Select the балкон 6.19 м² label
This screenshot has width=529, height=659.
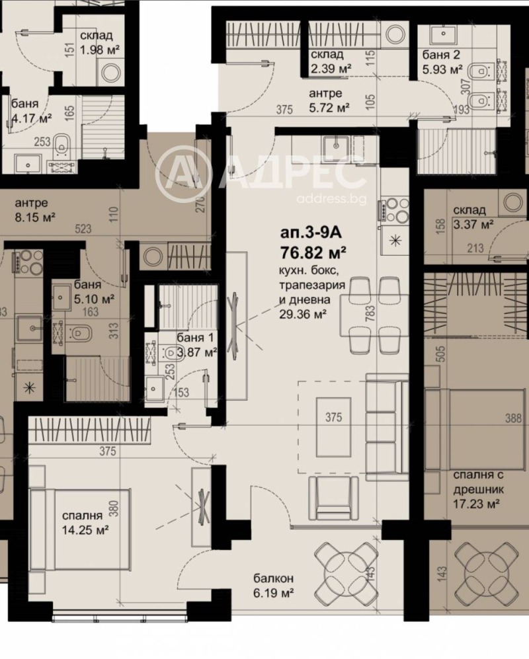point(273,586)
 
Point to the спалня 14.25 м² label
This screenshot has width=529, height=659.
point(85,523)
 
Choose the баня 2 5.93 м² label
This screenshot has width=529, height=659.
point(442,61)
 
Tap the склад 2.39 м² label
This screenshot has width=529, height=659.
point(331,61)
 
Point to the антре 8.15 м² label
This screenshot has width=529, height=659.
point(35,210)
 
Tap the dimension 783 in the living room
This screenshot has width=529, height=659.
point(370,314)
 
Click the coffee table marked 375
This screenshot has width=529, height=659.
point(333,426)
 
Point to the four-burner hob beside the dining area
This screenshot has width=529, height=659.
point(394,210)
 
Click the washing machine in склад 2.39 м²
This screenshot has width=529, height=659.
point(395,35)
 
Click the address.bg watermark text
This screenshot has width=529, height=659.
point(331,199)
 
